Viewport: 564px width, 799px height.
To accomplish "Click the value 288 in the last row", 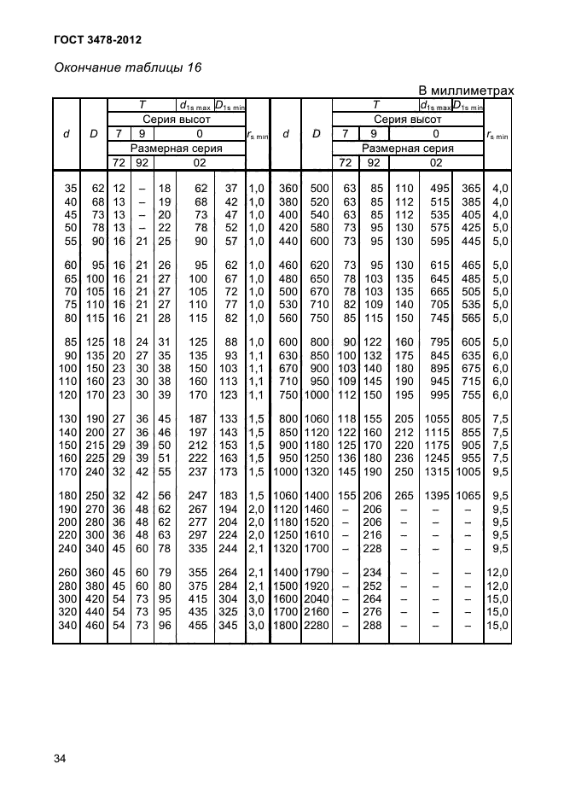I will [373, 626].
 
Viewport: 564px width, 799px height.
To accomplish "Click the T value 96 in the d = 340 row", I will [165, 626].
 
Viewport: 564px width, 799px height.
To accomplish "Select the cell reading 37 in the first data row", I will [230, 187].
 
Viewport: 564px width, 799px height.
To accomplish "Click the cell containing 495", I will [439, 187].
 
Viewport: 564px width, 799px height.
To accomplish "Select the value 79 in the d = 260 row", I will [165, 572].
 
